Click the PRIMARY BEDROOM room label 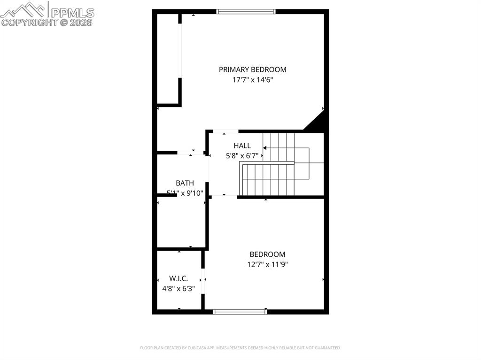click(x=252, y=69)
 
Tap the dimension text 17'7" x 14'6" click(x=252, y=80)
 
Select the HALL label click(x=242, y=146)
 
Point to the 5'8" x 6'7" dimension click(x=242, y=155)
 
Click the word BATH click(x=185, y=183)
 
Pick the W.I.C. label click(x=178, y=278)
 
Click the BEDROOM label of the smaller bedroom click(x=267, y=254)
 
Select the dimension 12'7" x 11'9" click(x=267, y=264)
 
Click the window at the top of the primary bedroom click(x=246, y=12)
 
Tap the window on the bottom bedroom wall click(x=240, y=311)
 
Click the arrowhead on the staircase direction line click(x=265, y=148)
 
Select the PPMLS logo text click(x=72, y=12)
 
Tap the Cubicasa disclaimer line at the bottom click(x=240, y=348)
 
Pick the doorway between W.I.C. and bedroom click(x=203, y=281)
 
